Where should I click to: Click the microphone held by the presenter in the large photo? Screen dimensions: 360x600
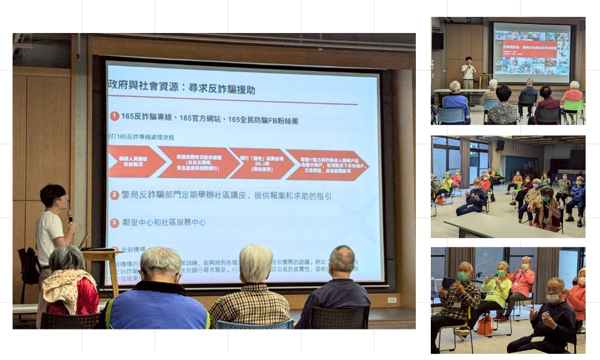[x=70, y=216]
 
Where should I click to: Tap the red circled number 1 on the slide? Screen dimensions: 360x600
[x=115, y=116]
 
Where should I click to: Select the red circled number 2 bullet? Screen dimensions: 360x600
[x=115, y=195]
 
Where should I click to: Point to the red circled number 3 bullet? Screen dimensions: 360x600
[x=115, y=223]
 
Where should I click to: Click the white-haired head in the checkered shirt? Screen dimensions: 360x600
[x=256, y=263]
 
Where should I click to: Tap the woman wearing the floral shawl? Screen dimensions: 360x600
[x=68, y=286]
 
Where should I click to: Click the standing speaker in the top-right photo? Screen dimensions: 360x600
[x=469, y=73]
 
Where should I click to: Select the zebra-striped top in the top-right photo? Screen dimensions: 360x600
[x=503, y=112]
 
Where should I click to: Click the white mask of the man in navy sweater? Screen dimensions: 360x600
[x=553, y=298]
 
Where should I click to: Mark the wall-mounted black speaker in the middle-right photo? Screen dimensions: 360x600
[x=500, y=145]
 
